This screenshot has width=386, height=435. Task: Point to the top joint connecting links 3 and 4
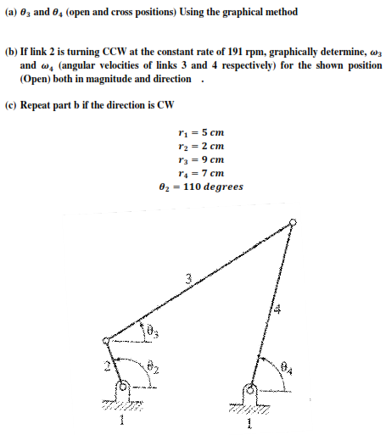(293, 223)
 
